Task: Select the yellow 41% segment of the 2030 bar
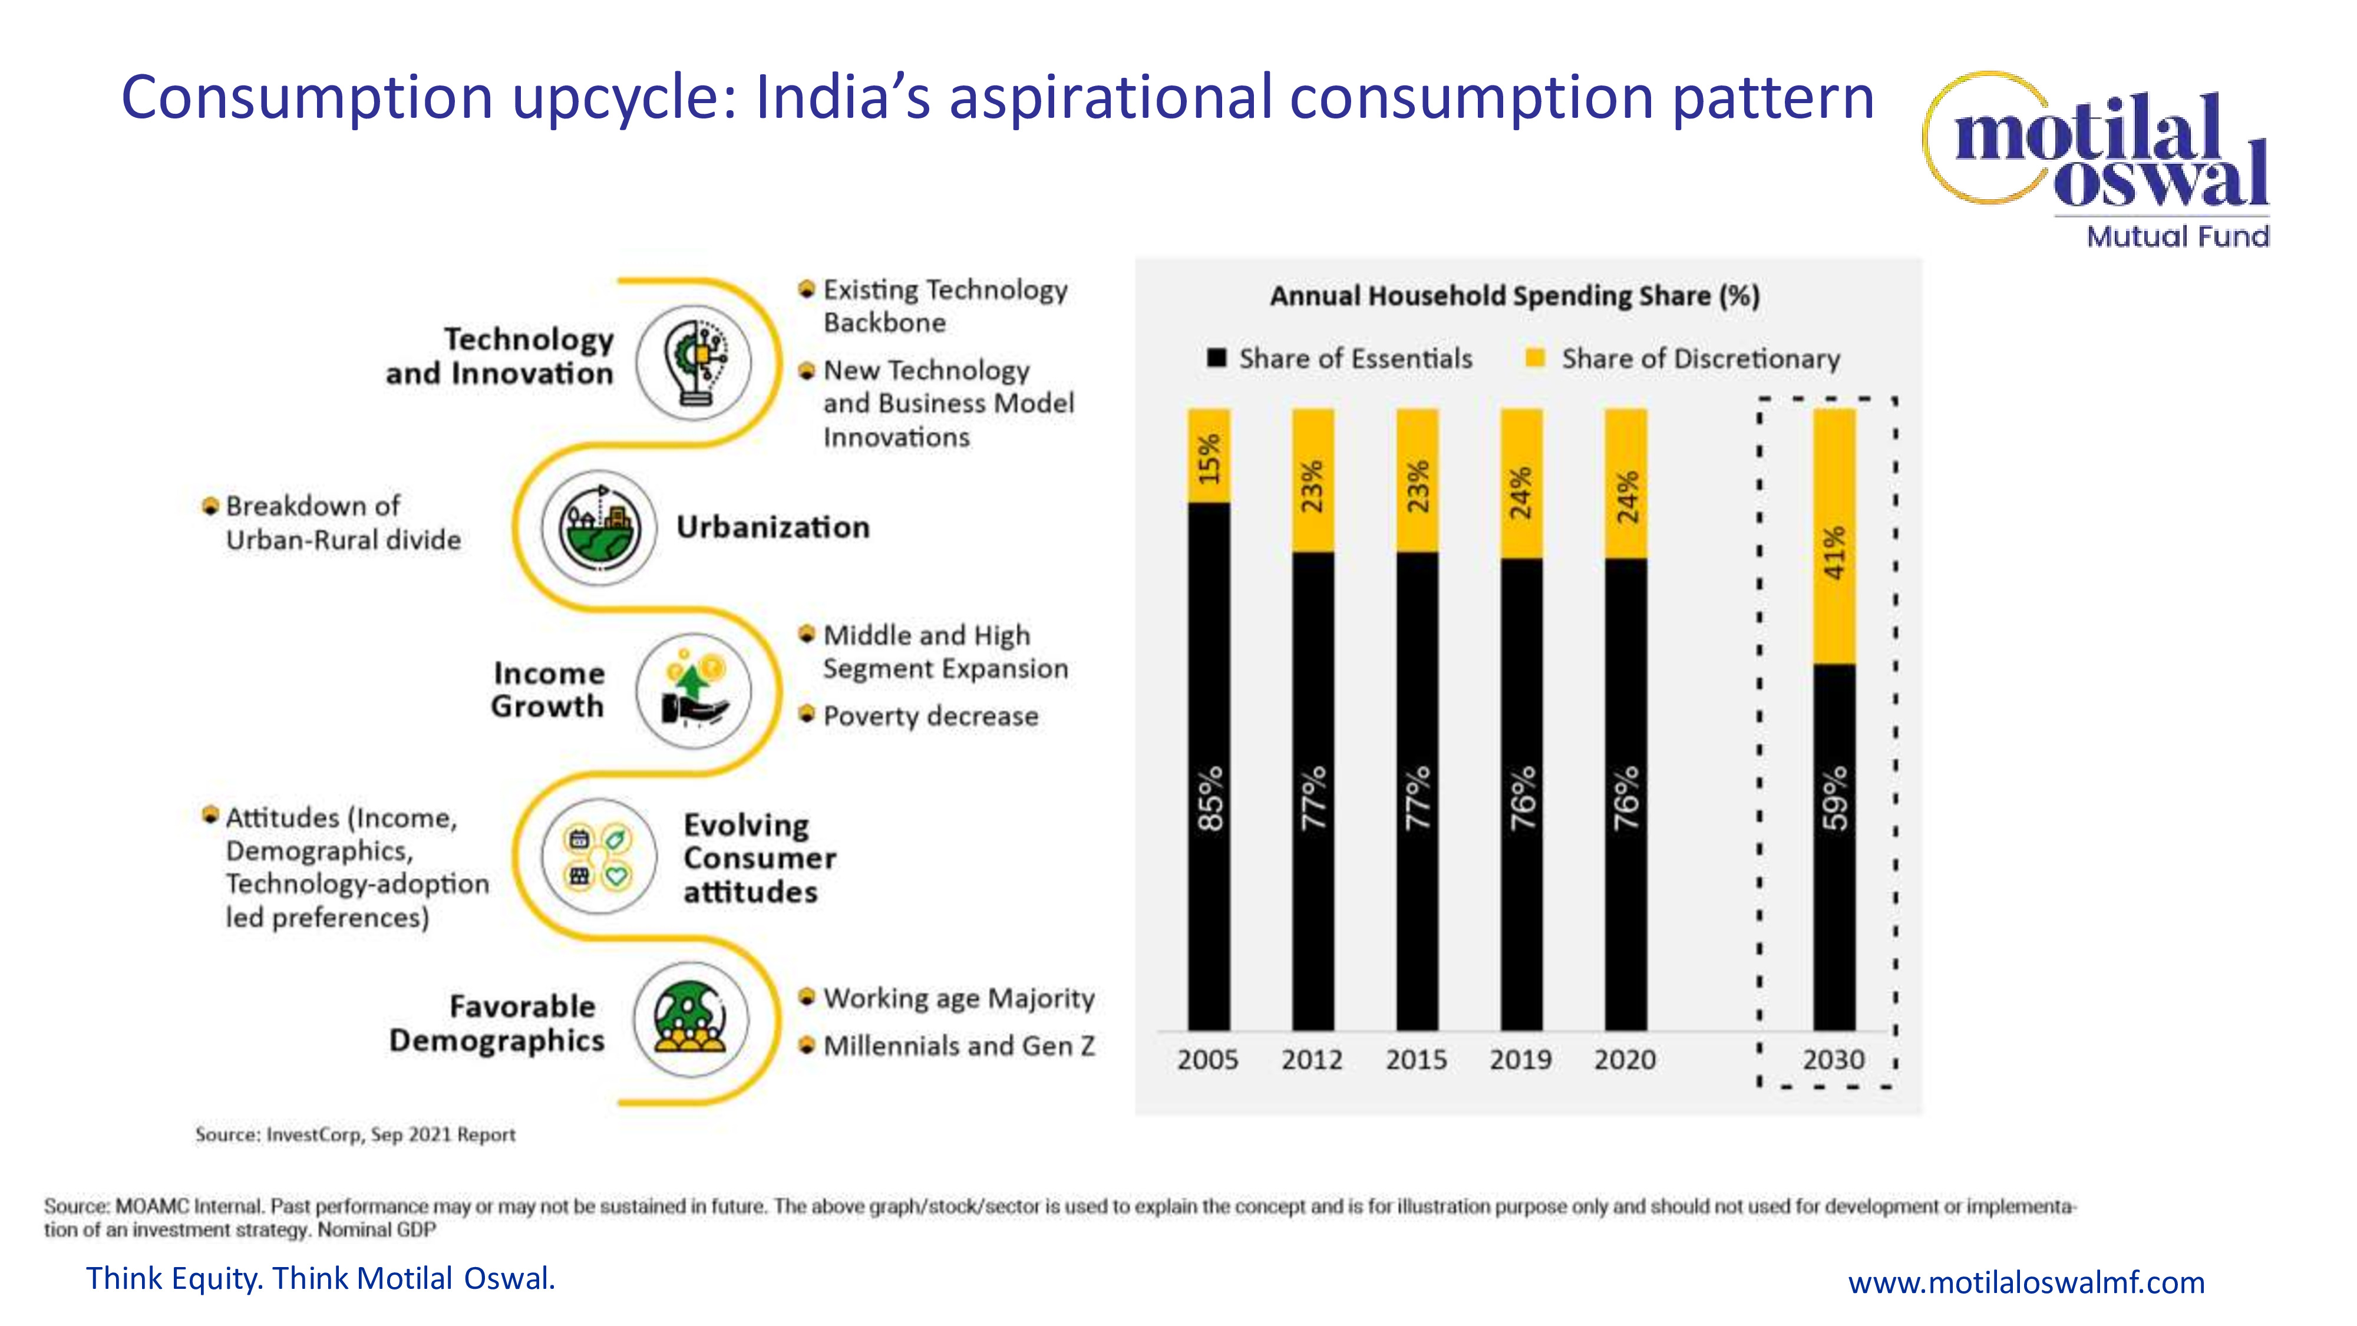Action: click(1834, 536)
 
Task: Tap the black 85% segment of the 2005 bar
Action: click(1209, 766)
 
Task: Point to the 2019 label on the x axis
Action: click(1521, 1060)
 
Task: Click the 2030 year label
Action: click(1834, 1060)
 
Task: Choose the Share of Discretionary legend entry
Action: click(1683, 359)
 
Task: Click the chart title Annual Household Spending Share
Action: click(1514, 296)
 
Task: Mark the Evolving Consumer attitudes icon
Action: click(599, 856)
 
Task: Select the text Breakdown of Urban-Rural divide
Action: click(342, 523)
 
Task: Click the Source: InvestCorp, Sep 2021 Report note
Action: click(355, 1134)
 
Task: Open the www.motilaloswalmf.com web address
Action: click(2026, 1282)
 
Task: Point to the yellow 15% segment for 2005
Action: click(1209, 456)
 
